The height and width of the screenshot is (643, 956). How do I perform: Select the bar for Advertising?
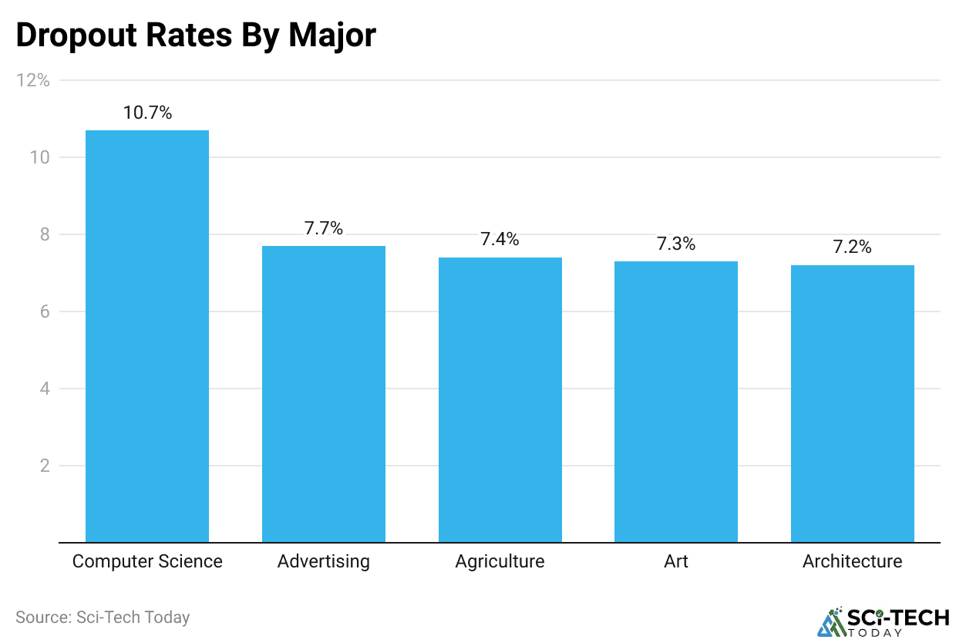(x=324, y=394)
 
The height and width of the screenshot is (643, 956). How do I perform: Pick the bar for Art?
(x=676, y=402)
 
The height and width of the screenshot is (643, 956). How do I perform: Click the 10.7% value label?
(x=147, y=113)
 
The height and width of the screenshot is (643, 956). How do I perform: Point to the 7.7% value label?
(x=324, y=228)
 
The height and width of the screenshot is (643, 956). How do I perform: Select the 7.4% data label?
(x=500, y=240)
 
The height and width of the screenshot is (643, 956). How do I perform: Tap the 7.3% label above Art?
(x=676, y=244)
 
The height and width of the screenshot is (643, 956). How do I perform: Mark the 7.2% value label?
(x=853, y=247)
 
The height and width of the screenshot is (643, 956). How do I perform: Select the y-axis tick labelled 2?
(x=44, y=466)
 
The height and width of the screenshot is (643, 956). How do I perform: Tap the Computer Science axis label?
(x=147, y=561)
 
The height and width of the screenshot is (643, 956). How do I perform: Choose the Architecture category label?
(x=853, y=561)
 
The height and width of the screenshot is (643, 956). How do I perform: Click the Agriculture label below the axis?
(x=500, y=561)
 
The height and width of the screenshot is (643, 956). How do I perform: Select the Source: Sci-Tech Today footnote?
(x=103, y=618)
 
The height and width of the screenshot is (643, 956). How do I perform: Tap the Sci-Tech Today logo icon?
(x=830, y=622)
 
